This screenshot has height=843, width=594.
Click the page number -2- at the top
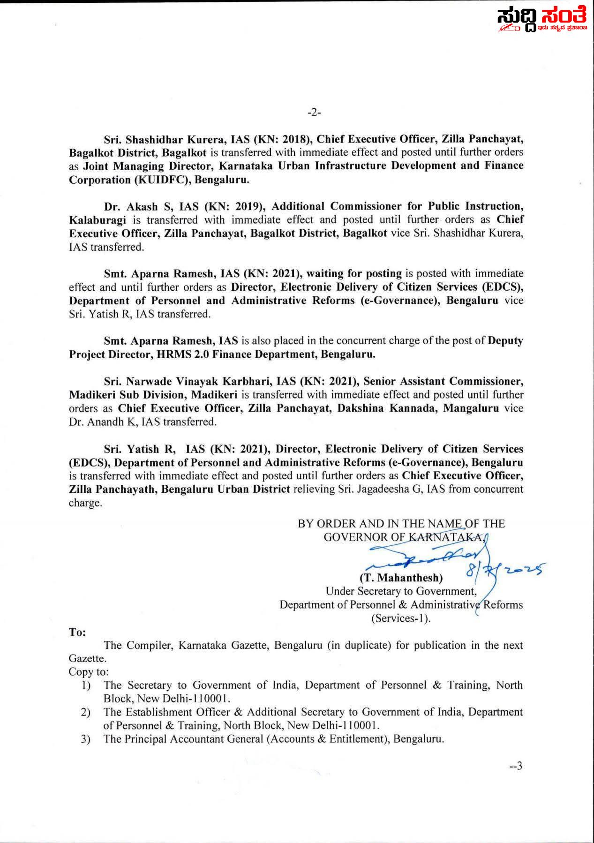tap(314, 113)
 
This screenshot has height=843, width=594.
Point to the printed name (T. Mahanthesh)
tap(401, 578)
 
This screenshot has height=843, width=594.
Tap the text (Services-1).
tap(401, 618)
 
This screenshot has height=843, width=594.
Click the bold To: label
tap(77, 632)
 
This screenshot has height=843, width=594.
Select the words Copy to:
tap(89, 672)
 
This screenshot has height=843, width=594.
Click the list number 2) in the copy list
tap(85, 713)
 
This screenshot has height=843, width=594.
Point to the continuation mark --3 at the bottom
tap(515, 766)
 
